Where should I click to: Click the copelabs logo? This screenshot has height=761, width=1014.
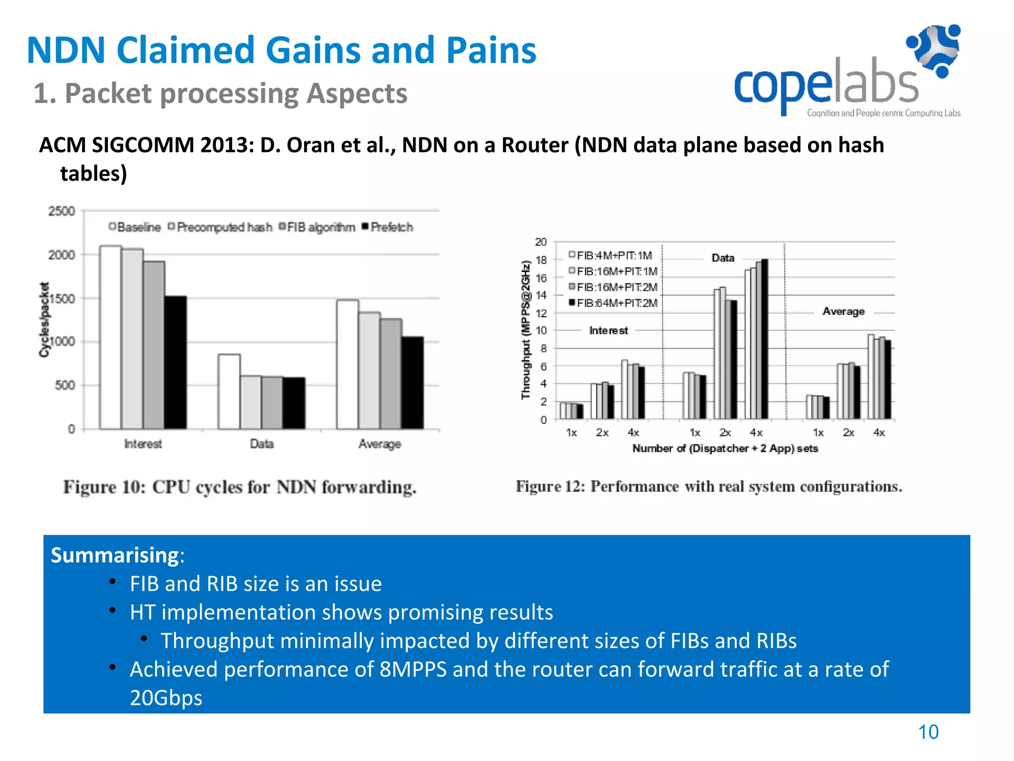tap(847, 72)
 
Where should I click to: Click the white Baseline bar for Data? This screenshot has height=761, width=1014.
tap(229, 391)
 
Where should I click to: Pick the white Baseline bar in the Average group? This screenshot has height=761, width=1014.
tap(348, 364)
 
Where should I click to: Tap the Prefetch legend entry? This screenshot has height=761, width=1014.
tap(388, 227)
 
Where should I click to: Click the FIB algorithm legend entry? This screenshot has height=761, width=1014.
tap(317, 227)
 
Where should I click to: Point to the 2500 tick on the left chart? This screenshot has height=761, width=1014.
tap(61, 212)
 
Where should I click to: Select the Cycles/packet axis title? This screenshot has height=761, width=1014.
tap(45, 320)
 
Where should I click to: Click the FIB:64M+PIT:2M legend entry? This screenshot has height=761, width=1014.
tap(613, 303)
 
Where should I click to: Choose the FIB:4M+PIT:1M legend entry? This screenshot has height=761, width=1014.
tap(610, 256)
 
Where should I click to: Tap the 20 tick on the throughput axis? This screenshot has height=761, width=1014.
tap(540, 242)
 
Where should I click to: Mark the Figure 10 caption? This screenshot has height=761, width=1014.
tap(240, 487)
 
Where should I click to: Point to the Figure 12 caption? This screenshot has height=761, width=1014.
tap(709, 487)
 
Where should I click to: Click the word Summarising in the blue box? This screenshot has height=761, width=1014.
tap(115, 555)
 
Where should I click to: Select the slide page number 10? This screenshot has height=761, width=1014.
tap(928, 732)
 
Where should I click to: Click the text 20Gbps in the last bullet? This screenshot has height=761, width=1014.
tap(166, 698)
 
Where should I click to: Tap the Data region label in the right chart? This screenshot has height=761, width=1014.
tap(722, 258)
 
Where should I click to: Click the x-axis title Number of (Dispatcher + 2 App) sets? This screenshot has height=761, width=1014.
tap(725, 448)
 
